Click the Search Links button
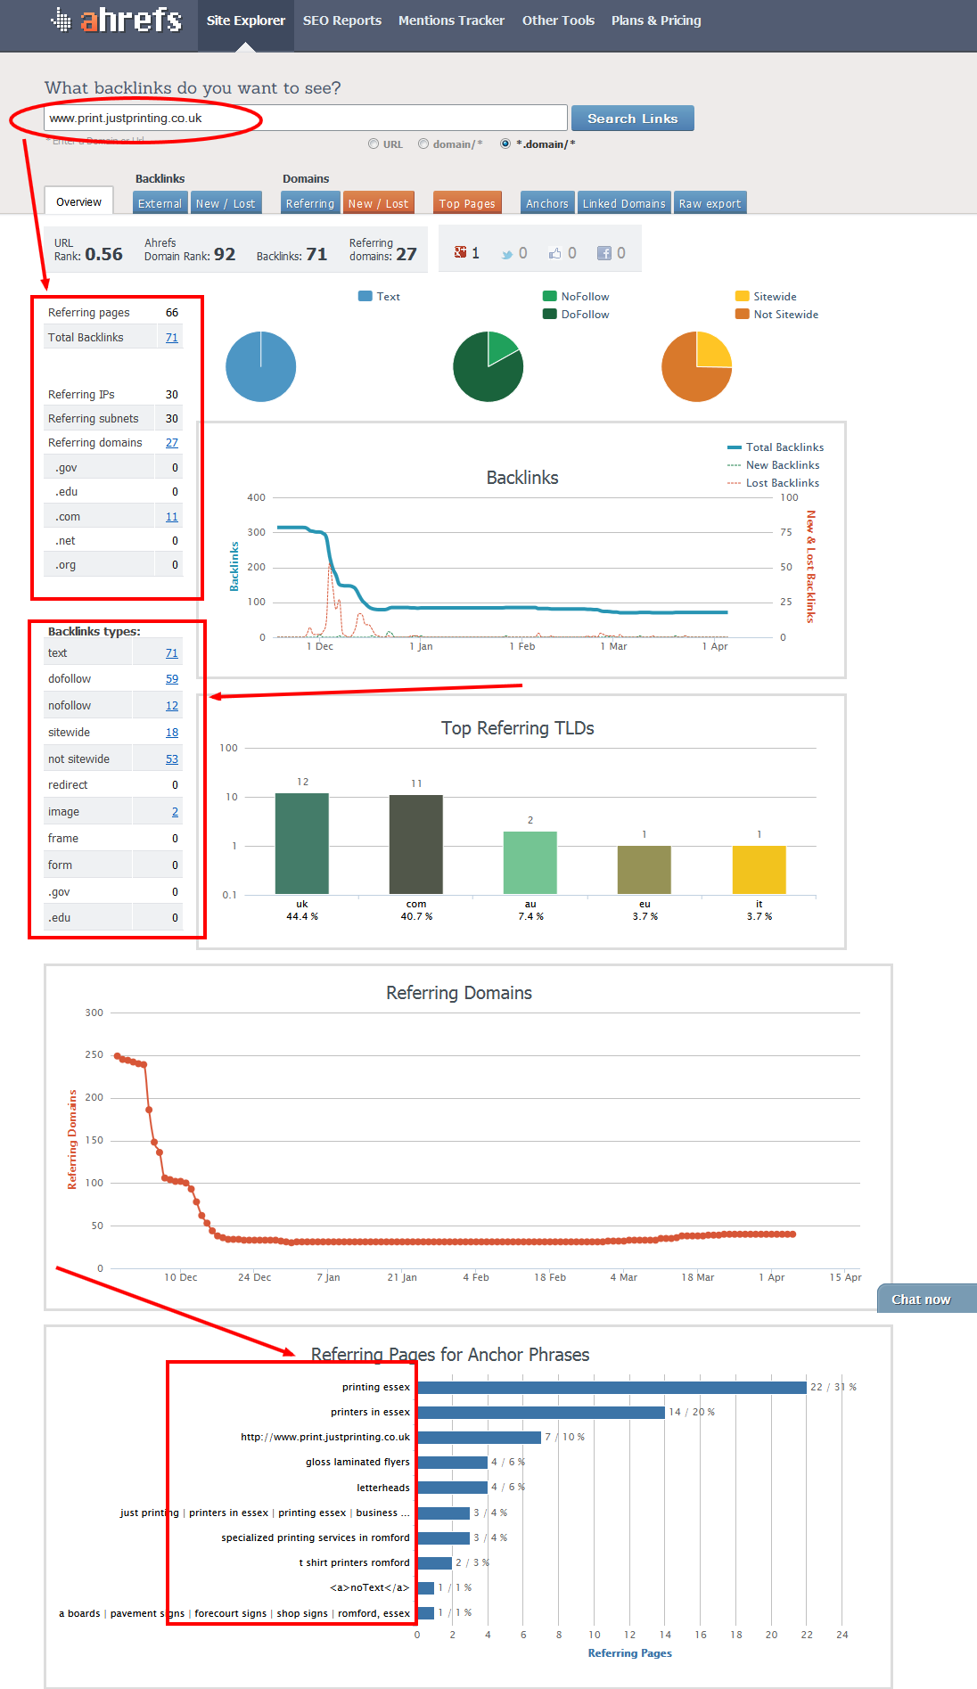pyautogui.click(x=632, y=119)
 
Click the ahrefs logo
pyautogui.click(x=117, y=20)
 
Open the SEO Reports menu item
pyautogui.click(x=341, y=20)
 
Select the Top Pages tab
pyautogui.click(x=466, y=203)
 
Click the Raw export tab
pyautogui.click(x=710, y=203)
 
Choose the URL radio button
pyautogui.click(x=374, y=143)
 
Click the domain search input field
pyautogui.click(x=305, y=118)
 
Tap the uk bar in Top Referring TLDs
pyautogui.click(x=301, y=843)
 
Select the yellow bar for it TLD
pyautogui.click(x=759, y=869)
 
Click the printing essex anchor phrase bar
pyautogui.click(x=612, y=1388)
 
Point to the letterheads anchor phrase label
pyautogui.click(x=383, y=1488)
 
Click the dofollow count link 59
pyautogui.click(x=171, y=679)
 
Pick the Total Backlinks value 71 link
pyautogui.click(x=171, y=338)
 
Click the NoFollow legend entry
pyautogui.click(x=585, y=297)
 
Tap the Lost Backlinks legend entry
pyautogui.click(x=782, y=483)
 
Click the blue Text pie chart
pyautogui.click(x=260, y=366)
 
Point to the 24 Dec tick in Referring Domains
pyautogui.click(x=254, y=1277)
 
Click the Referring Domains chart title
pyautogui.click(x=458, y=993)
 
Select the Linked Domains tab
pyautogui.click(x=623, y=203)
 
